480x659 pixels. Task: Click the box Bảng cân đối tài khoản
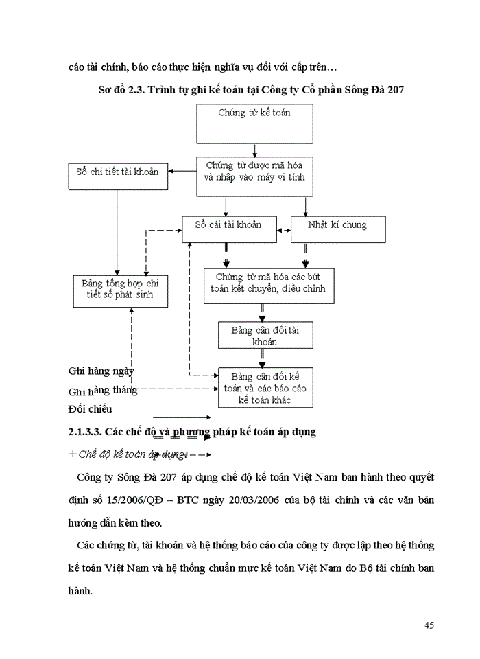tap(265, 334)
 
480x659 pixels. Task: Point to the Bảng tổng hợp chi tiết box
tap(120, 290)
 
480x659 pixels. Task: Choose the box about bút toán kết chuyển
tap(269, 285)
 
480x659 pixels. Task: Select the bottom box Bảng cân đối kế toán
tap(265, 388)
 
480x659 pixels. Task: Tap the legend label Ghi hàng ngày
tap(101, 371)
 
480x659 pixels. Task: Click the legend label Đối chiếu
tap(90, 410)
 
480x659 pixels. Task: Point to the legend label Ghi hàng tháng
tap(103, 390)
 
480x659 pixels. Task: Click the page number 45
tap(429, 625)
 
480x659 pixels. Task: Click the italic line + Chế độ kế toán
tap(123, 454)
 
